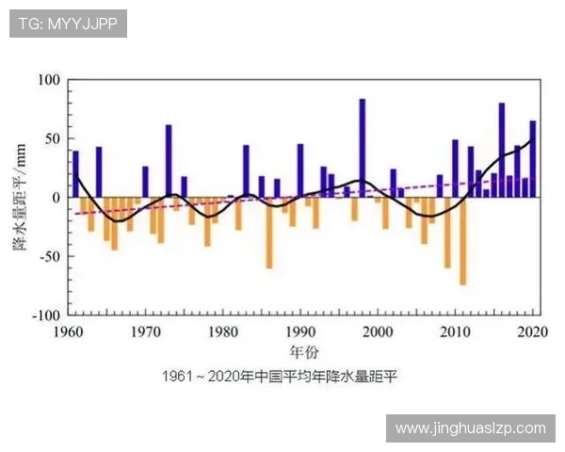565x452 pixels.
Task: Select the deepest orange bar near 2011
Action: tap(462, 241)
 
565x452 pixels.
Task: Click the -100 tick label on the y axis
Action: tap(45, 315)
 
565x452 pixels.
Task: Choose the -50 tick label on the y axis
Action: tap(48, 256)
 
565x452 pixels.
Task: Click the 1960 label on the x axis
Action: tap(68, 331)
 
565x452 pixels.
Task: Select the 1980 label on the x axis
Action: tap(223, 331)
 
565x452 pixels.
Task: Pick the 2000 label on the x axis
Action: tap(378, 331)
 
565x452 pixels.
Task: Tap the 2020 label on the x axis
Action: tap(533, 331)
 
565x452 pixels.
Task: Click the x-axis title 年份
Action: tap(301, 352)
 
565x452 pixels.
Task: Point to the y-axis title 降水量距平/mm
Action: tap(18, 198)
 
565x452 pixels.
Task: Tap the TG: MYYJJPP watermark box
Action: tap(68, 24)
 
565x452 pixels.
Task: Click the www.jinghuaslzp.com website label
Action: tap(470, 428)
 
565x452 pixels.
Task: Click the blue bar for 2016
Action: tap(502, 150)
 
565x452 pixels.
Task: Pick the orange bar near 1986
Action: tap(269, 233)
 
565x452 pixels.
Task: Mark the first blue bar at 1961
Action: tap(75, 174)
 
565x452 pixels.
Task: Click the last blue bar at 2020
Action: tap(533, 159)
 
